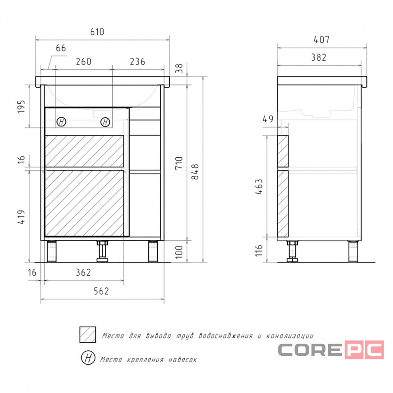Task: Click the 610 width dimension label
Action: (97, 32)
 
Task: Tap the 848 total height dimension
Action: (195, 172)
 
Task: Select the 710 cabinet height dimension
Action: (179, 163)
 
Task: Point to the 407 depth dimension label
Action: (322, 40)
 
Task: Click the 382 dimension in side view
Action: (319, 58)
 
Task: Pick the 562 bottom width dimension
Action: (101, 291)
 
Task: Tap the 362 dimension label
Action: (83, 272)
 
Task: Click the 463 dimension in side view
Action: (259, 186)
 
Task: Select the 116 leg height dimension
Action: (259, 250)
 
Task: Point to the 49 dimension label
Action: (268, 119)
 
